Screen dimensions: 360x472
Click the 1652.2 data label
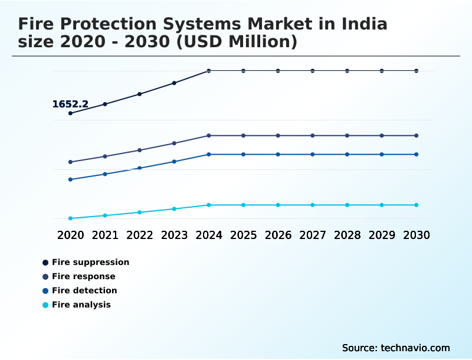tap(70, 104)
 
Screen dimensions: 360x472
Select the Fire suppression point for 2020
tap(71, 113)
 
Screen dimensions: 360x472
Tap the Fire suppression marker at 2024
tap(209, 71)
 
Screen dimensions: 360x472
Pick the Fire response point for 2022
tap(140, 150)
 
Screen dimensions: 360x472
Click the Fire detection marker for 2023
tap(174, 162)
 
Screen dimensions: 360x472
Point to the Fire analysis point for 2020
tap(71, 218)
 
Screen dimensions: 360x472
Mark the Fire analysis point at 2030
tap(416, 205)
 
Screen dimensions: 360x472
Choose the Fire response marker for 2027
tap(313, 136)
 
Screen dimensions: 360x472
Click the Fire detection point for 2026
tap(278, 155)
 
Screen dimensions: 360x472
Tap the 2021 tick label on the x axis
tap(105, 235)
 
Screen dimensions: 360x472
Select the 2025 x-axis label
tap(243, 235)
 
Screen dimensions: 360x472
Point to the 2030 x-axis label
tap(416, 235)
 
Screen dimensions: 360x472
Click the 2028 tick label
tap(347, 235)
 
